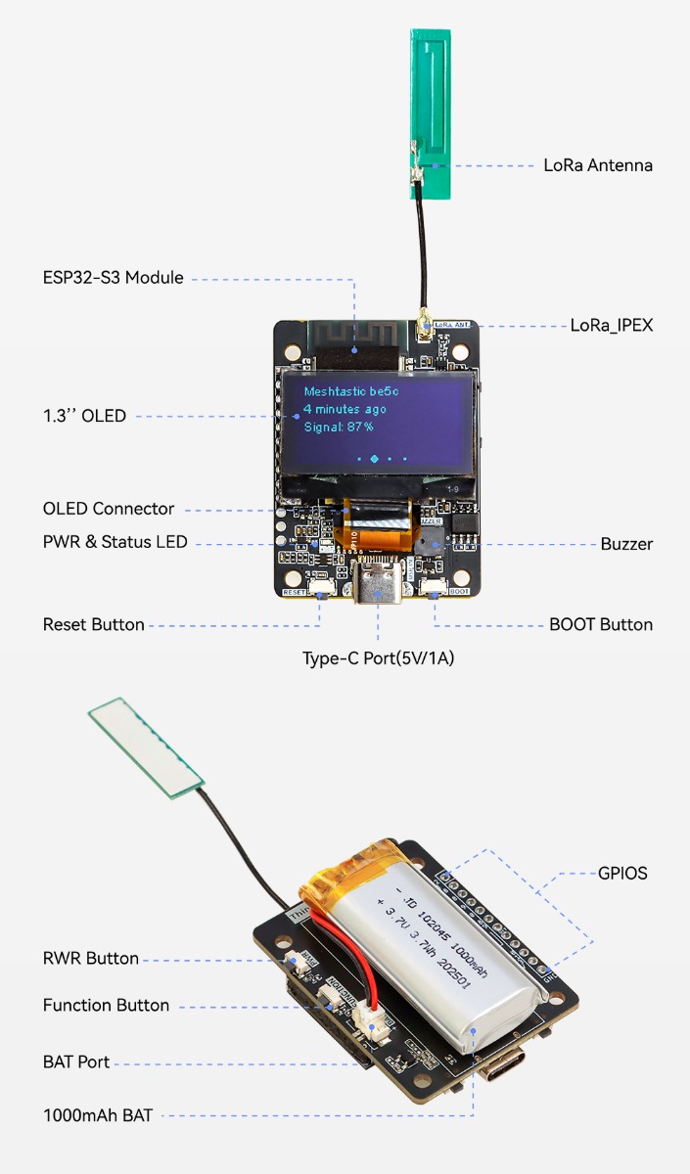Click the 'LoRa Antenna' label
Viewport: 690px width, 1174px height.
pos(597,165)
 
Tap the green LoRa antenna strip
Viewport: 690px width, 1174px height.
pos(430,113)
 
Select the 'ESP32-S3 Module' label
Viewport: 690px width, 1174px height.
pos(113,278)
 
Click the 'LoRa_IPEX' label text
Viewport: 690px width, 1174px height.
pos(611,325)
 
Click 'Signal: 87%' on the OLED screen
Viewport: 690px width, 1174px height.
pos(338,427)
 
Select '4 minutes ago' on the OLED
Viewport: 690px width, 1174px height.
pos(345,409)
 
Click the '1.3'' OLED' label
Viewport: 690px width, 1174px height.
pos(84,416)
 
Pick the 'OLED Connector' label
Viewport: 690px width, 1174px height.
pos(109,509)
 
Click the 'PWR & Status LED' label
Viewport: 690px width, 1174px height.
pos(115,542)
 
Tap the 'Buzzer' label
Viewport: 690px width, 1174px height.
pos(626,544)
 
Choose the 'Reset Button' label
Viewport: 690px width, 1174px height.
pos(93,624)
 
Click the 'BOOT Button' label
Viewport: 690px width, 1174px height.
pos(601,624)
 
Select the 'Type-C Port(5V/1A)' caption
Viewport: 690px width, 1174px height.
pos(378,658)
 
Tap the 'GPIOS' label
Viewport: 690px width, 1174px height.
pos(622,873)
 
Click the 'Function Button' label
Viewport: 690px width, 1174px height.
pos(106,1006)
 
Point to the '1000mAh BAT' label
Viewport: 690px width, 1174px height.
pos(98,1114)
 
